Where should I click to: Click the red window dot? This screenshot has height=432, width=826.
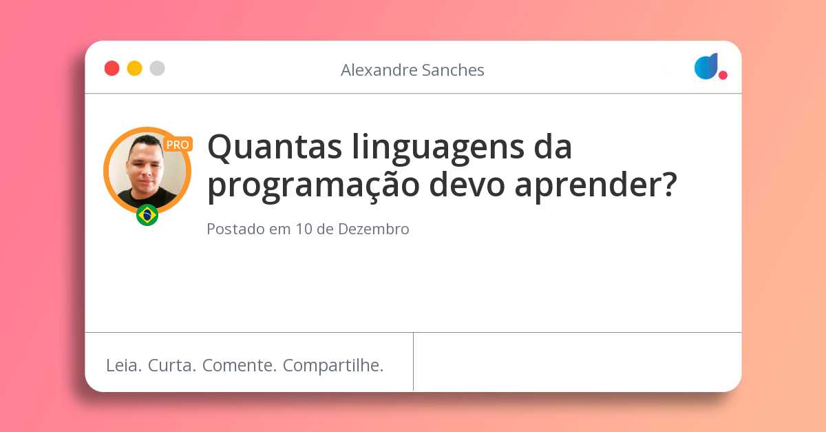tap(112, 68)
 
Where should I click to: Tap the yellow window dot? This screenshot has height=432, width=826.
tap(134, 68)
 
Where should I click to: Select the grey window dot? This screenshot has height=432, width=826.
tap(157, 68)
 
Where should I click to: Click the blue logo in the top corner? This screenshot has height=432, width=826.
tap(706, 66)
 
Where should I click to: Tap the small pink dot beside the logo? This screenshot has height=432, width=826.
tap(723, 75)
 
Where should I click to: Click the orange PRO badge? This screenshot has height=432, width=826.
tap(178, 145)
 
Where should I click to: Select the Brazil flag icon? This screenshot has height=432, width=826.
tap(147, 215)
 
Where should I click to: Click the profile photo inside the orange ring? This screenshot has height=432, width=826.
tap(147, 170)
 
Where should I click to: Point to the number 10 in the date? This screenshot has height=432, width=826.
tap(304, 229)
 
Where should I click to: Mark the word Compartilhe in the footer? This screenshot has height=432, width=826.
tap(332, 366)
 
